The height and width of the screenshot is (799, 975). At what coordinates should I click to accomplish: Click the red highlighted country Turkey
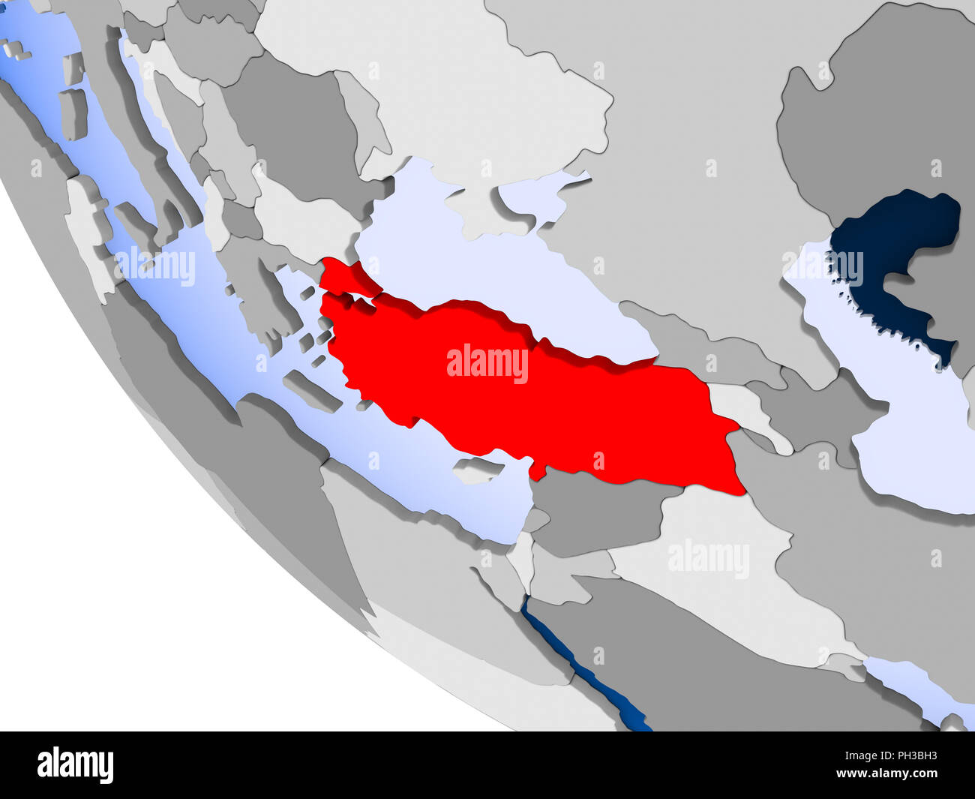[x=525, y=405]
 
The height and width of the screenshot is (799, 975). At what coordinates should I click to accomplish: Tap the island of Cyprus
[x=477, y=470]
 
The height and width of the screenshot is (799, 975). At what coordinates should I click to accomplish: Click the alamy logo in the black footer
[x=75, y=765]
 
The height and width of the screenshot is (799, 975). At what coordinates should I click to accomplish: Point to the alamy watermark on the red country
[x=487, y=363]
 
